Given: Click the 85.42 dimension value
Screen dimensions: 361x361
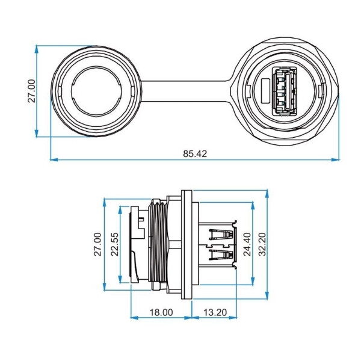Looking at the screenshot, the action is [x=195, y=153].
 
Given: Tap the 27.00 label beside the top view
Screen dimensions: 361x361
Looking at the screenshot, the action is [x=31, y=91].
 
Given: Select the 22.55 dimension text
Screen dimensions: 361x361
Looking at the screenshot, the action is [x=115, y=244].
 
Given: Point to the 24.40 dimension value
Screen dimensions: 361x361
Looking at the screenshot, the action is [x=247, y=244].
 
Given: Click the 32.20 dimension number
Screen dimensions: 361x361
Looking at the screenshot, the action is [x=262, y=244].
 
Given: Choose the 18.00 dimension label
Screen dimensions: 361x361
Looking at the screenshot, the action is [x=161, y=312].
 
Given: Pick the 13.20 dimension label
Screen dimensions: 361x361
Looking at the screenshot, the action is [x=215, y=312].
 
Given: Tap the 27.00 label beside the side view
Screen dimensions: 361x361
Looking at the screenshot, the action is [x=98, y=244].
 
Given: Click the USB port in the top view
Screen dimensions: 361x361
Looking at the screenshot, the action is [x=285, y=91].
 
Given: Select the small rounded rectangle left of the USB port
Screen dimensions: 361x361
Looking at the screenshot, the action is [x=266, y=91].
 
